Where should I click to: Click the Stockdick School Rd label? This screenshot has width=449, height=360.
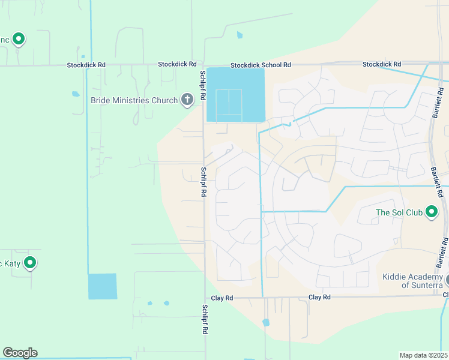261,65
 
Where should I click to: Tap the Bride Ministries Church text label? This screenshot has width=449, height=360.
134,100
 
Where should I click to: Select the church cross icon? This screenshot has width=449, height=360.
187,100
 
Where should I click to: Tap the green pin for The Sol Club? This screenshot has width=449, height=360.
431,212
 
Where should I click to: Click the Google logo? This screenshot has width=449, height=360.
20,353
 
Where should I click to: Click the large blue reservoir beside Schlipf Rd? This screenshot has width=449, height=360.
235,95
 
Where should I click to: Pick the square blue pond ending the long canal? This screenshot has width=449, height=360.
103,286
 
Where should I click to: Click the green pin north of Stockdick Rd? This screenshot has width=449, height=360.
19,40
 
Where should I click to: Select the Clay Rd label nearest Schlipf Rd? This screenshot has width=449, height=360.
221,298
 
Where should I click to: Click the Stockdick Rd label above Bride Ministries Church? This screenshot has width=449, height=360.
177,64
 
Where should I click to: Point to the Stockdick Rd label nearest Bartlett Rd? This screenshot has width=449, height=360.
382,64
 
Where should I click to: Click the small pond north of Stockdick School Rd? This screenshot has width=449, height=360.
240,35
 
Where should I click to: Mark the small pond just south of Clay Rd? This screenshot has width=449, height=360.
266,322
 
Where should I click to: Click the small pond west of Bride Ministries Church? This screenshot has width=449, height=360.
76,94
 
